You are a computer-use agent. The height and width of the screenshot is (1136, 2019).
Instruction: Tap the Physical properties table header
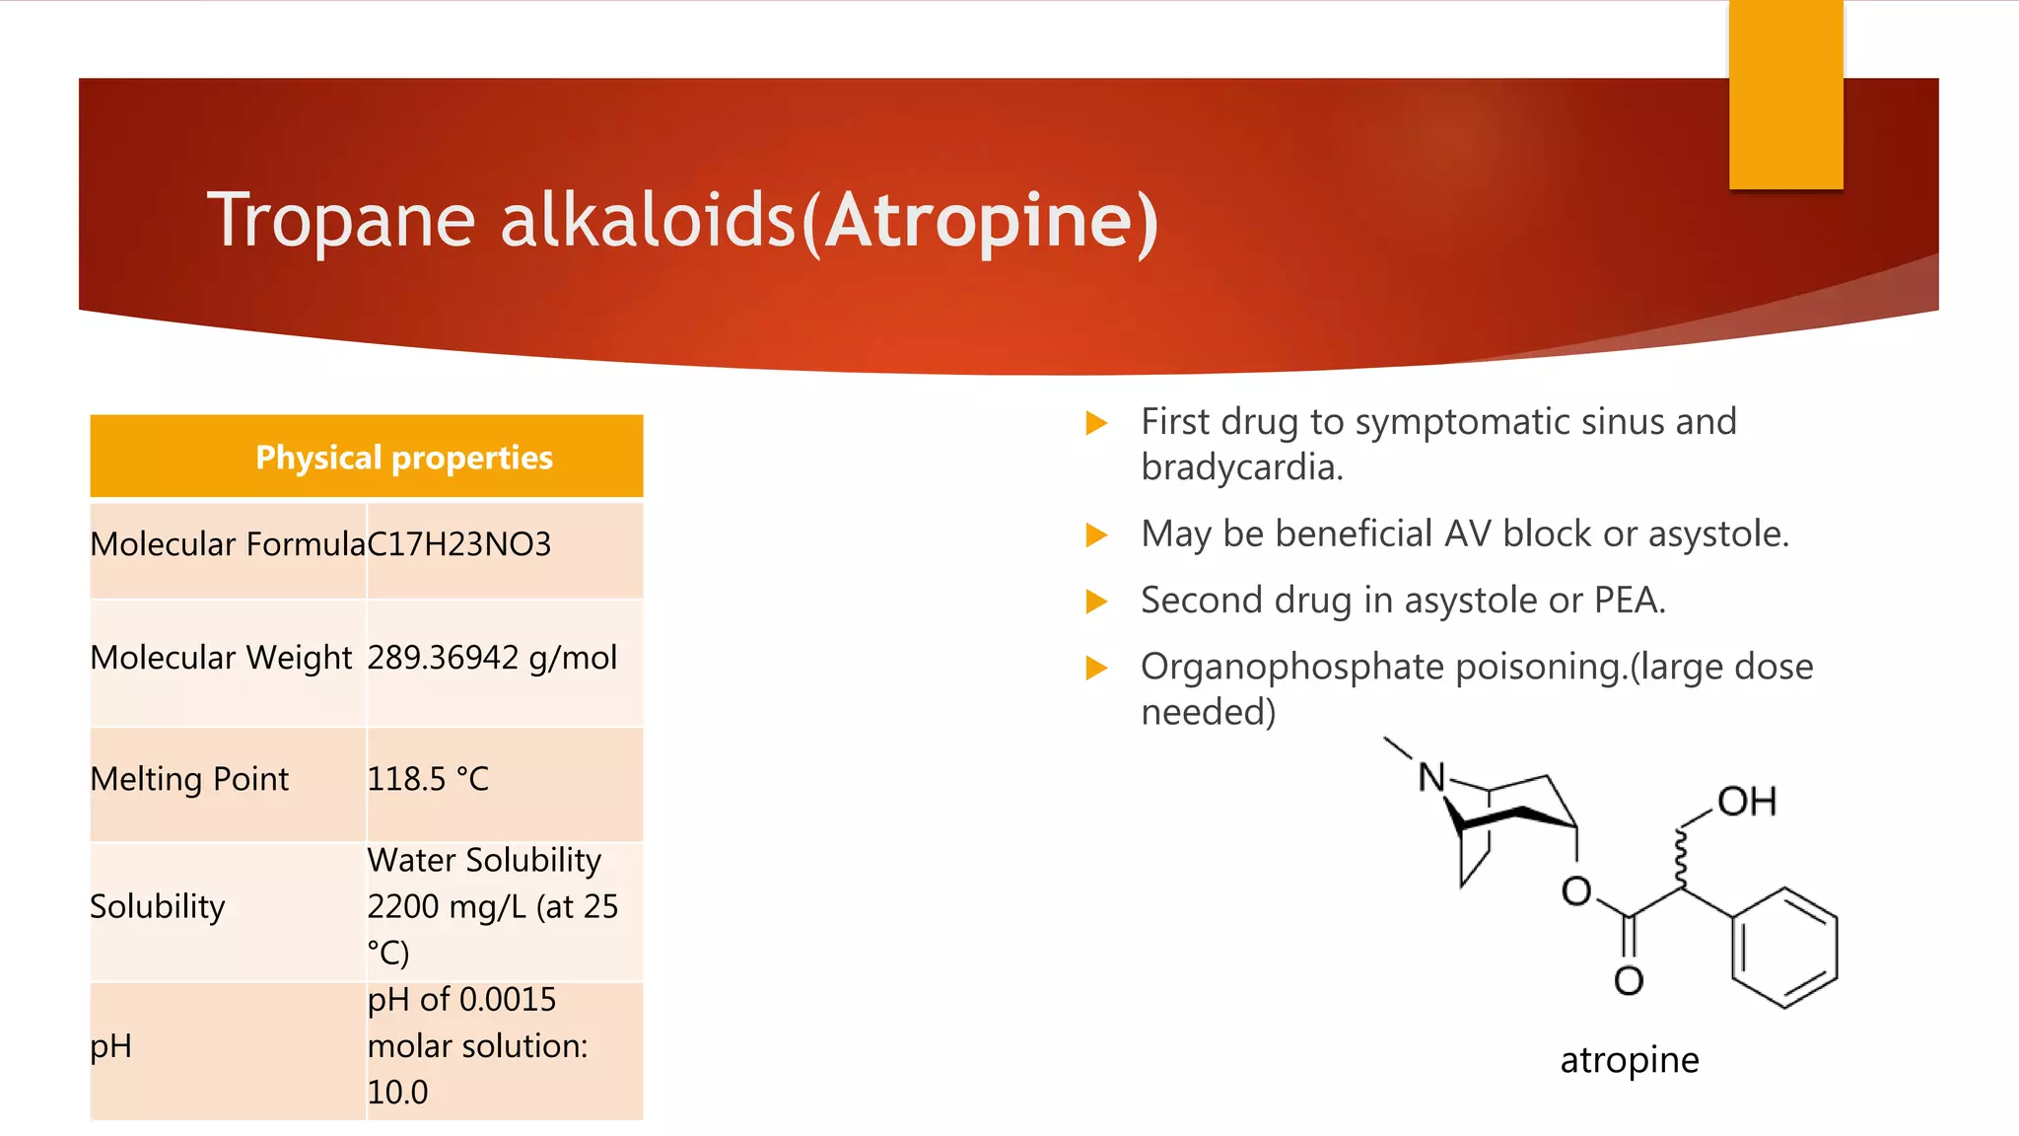tap(404, 458)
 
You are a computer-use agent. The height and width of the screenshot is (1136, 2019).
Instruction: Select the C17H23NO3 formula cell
tap(459, 544)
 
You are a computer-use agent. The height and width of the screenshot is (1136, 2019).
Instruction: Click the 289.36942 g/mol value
tap(492, 658)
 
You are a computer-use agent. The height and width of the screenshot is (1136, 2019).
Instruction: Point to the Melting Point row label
tap(189, 779)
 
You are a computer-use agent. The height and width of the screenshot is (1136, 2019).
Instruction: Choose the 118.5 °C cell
tap(428, 779)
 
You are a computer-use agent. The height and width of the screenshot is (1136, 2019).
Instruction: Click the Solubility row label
tap(158, 906)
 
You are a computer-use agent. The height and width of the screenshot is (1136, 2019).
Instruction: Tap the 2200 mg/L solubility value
tap(446, 906)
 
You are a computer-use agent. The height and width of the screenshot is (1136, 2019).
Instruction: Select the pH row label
tap(110, 1046)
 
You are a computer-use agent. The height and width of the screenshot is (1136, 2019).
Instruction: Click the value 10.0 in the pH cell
tap(397, 1093)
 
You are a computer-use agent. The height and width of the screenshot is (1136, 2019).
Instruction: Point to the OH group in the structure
tap(1747, 802)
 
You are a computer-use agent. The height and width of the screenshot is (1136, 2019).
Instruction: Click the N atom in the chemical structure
tap(1431, 778)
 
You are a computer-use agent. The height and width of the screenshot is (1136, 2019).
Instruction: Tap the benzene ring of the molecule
tap(1784, 948)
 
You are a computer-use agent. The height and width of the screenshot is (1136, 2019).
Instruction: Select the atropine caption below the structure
tap(1630, 1060)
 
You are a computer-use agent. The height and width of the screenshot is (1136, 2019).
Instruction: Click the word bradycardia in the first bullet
tap(1240, 467)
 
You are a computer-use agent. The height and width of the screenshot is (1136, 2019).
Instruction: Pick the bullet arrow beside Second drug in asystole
tap(1096, 602)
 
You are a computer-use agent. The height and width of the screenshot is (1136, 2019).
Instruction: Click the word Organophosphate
tap(1292, 668)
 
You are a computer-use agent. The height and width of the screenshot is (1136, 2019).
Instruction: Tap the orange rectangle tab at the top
tap(1785, 94)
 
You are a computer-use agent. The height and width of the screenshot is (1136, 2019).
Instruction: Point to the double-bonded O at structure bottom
tap(1629, 980)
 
